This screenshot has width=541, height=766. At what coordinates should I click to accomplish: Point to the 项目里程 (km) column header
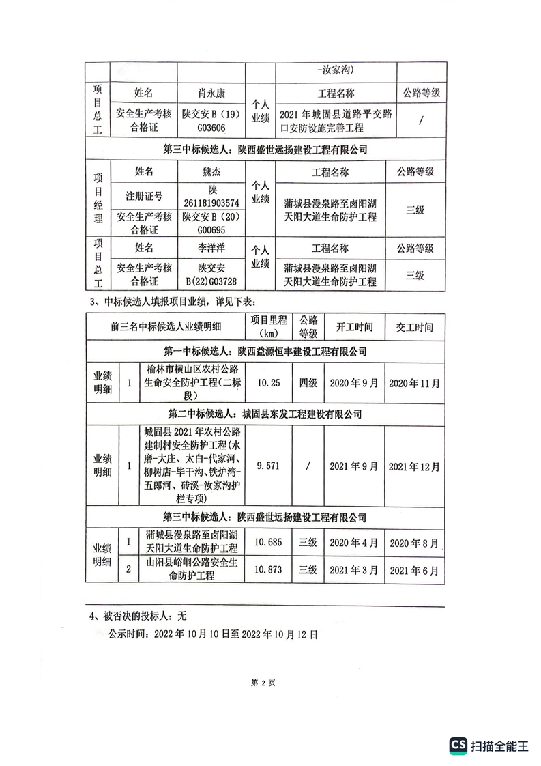coord(269,327)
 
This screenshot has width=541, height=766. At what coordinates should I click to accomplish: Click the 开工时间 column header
coord(355,327)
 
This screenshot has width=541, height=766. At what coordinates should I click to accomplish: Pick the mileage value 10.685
coord(267,543)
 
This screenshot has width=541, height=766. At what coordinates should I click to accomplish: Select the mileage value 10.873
coord(267,569)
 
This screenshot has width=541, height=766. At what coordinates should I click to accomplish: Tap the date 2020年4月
coord(355,543)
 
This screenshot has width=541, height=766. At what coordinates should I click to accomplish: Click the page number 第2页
coord(263,682)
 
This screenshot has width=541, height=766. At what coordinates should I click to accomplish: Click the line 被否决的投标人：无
coord(138,615)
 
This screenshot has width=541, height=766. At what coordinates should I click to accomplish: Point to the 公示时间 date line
coord(213,634)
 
